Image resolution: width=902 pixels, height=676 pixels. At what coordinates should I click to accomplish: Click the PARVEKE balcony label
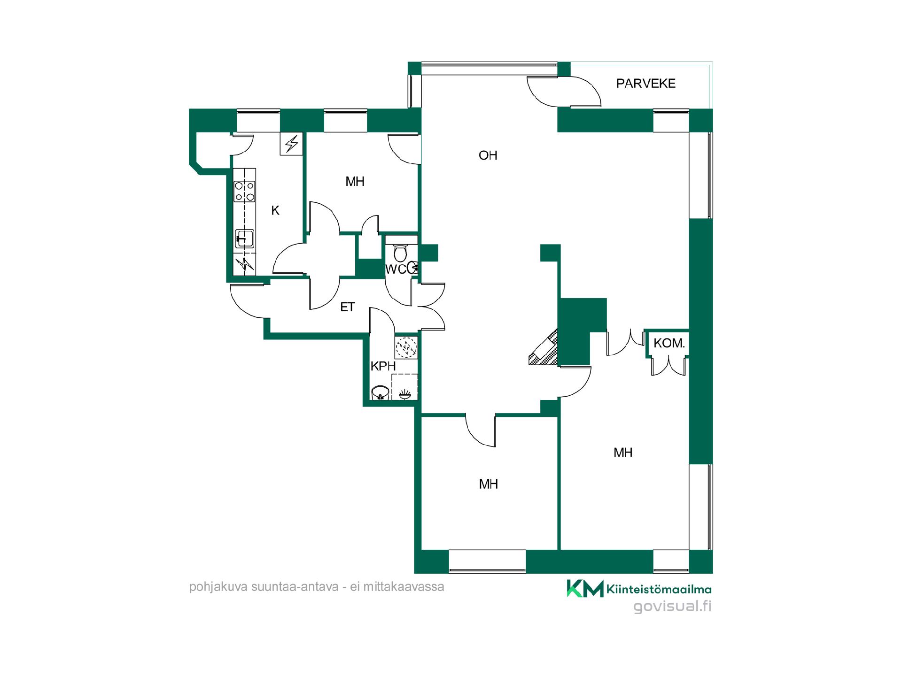click(x=645, y=84)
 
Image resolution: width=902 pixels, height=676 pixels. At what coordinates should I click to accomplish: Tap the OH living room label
click(x=488, y=155)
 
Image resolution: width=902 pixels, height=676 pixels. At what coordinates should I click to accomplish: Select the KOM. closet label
click(x=669, y=343)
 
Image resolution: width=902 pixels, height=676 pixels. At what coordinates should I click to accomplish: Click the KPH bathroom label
click(x=383, y=366)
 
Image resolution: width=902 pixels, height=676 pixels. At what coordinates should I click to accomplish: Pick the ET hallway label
click(x=347, y=307)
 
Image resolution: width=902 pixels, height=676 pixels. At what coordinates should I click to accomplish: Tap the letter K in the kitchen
click(x=275, y=211)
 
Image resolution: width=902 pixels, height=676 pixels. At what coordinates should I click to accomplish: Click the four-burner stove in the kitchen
click(x=245, y=192)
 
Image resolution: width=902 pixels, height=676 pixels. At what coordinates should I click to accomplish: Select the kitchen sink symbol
click(x=244, y=238)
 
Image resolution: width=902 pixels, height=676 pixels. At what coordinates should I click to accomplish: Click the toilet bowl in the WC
click(x=400, y=253)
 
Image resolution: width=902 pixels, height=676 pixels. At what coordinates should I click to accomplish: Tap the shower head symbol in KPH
click(x=404, y=394)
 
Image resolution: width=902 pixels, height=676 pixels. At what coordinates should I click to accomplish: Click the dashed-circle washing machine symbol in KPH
click(x=406, y=348)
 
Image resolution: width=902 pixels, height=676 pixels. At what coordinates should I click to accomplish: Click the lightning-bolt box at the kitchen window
click(x=292, y=144)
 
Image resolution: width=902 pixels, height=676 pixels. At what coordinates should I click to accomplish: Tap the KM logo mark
click(x=585, y=589)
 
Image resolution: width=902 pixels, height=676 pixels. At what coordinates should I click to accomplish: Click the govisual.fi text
click(x=672, y=606)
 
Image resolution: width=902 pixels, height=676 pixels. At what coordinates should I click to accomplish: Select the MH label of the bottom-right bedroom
click(x=623, y=453)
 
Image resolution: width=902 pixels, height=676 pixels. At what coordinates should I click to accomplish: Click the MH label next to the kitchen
click(x=355, y=182)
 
